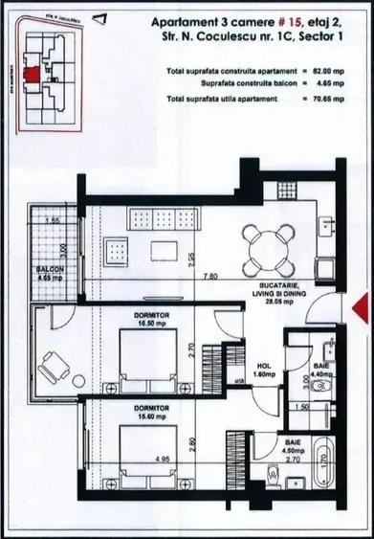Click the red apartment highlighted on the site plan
click(x=33, y=75)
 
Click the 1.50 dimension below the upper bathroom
click(x=302, y=407)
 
